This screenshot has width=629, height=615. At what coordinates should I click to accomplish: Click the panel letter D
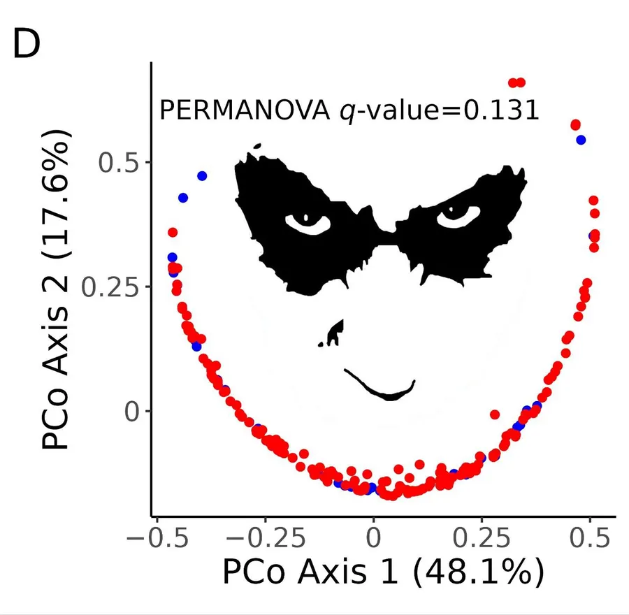pyautogui.click(x=27, y=45)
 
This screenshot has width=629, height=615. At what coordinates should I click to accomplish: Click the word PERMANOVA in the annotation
pyautogui.click(x=245, y=110)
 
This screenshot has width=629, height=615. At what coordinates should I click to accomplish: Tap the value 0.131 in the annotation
pyautogui.click(x=501, y=110)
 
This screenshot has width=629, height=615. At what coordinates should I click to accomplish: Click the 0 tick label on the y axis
pyautogui.click(x=132, y=411)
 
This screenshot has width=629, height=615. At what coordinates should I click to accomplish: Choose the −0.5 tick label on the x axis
pyautogui.click(x=157, y=537)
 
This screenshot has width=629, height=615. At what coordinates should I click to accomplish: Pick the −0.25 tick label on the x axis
pyautogui.click(x=266, y=537)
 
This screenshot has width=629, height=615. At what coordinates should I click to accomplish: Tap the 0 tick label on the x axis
pyautogui.click(x=373, y=537)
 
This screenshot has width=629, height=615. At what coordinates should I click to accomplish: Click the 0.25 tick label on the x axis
pyautogui.click(x=482, y=537)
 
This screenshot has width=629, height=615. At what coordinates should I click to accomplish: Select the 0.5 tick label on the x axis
pyautogui.click(x=590, y=537)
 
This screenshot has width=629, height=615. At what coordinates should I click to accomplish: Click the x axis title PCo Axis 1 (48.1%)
pyautogui.click(x=383, y=572)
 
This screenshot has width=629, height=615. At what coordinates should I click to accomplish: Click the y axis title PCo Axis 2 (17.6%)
pyautogui.click(x=56, y=289)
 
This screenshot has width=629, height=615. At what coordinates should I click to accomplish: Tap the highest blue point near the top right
pyautogui.click(x=581, y=140)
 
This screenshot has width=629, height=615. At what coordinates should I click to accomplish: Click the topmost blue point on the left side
pyautogui.click(x=202, y=175)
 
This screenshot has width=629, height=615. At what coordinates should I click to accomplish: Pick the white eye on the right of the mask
pyautogui.click(x=458, y=217)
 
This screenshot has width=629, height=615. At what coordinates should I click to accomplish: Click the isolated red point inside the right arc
pyautogui.click(x=495, y=414)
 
